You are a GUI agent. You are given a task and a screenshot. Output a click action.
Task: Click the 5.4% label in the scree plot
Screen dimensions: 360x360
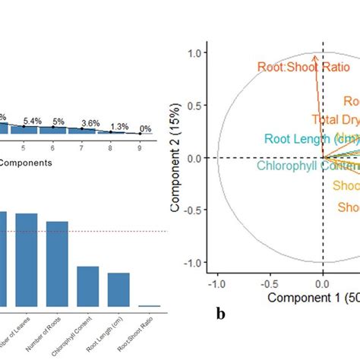(32, 121)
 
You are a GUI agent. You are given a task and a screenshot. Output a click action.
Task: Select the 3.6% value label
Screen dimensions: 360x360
(90, 123)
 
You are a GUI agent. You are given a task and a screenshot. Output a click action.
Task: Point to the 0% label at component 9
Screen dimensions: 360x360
(144, 129)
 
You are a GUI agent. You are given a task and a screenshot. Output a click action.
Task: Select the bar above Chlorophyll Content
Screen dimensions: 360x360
(88, 286)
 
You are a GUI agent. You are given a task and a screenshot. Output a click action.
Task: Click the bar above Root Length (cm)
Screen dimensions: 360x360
(118, 289)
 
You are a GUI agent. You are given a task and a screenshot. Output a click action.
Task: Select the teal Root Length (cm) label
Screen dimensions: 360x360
(312, 138)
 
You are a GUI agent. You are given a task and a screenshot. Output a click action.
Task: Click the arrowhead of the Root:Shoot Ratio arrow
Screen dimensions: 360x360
(315, 55)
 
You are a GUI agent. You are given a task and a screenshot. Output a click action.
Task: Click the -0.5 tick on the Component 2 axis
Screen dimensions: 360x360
(195, 210)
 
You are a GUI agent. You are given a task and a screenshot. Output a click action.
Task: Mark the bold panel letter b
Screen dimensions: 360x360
(219, 311)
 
